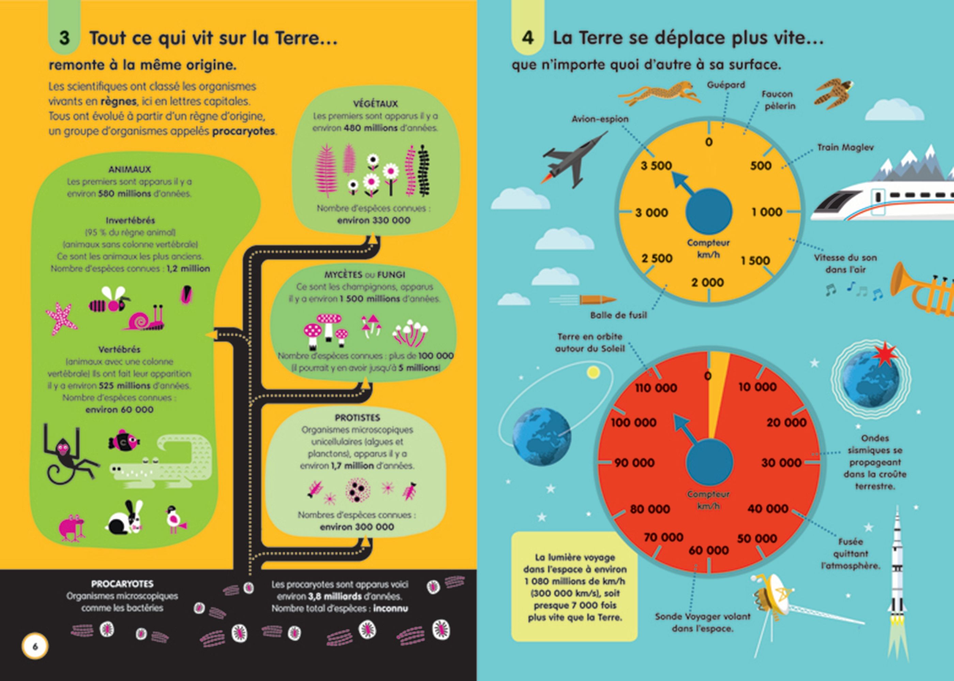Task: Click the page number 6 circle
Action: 35,646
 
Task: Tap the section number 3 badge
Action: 64,38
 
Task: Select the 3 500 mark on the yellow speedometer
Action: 656,166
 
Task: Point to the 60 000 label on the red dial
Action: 708,550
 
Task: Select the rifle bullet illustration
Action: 596,299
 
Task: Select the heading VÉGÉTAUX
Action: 375,103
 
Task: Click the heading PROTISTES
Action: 357,418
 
